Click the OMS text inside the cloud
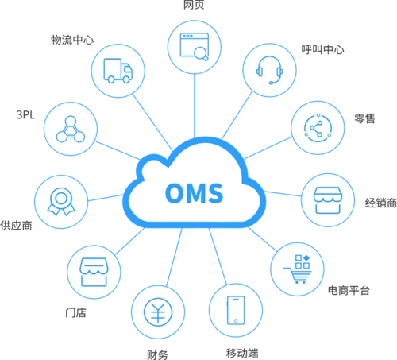point(195,193)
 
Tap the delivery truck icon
point(118,71)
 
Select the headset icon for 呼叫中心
point(269,70)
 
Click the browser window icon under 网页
point(195,47)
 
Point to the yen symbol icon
point(158,312)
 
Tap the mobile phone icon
point(236,310)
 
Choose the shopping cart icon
point(298,269)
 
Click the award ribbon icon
point(61,202)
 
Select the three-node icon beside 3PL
point(71,129)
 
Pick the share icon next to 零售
point(318,128)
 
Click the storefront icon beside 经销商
point(328,200)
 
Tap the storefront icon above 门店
point(94,272)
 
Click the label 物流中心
point(72,40)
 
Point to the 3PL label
point(25,114)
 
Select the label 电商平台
point(349,290)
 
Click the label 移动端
point(242,353)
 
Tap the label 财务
point(157,354)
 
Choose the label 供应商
point(16,226)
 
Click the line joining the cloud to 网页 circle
point(195,106)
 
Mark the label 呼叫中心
point(322,49)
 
